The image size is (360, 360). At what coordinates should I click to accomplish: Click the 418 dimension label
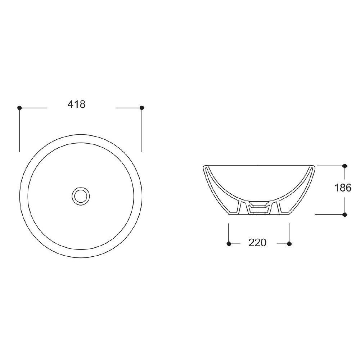(76, 104)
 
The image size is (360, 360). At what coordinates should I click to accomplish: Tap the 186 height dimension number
(343, 188)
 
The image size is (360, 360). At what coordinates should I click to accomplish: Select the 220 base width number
(257, 243)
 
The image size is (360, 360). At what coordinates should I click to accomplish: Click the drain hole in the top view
(81, 196)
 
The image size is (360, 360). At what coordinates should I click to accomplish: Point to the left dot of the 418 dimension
(19, 107)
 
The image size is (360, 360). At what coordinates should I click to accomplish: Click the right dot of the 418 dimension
(142, 107)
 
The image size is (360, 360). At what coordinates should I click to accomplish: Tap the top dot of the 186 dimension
(345, 166)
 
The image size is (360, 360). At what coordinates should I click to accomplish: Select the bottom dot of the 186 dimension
(345, 215)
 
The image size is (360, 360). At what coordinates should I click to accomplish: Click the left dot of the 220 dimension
(229, 244)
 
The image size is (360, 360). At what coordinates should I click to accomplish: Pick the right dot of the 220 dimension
(289, 244)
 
